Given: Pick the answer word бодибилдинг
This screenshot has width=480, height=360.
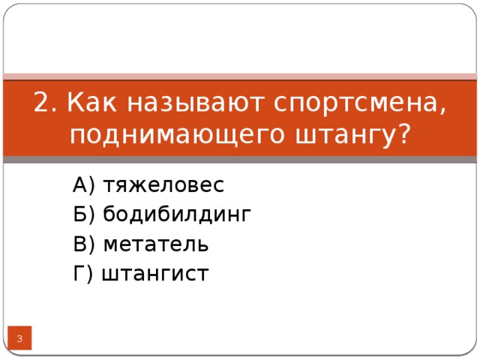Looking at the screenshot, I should pyautogui.click(x=177, y=215).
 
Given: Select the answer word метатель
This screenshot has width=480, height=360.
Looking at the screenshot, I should pyautogui.click(x=156, y=244).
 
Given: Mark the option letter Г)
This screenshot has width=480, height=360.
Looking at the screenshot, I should pyautogui.click(x=82, y=274).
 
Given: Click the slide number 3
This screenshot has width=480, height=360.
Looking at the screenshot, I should pyautogui.click(x=19, y=340).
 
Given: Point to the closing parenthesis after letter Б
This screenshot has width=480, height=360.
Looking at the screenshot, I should pyautogui.click(x=91, y=216).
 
